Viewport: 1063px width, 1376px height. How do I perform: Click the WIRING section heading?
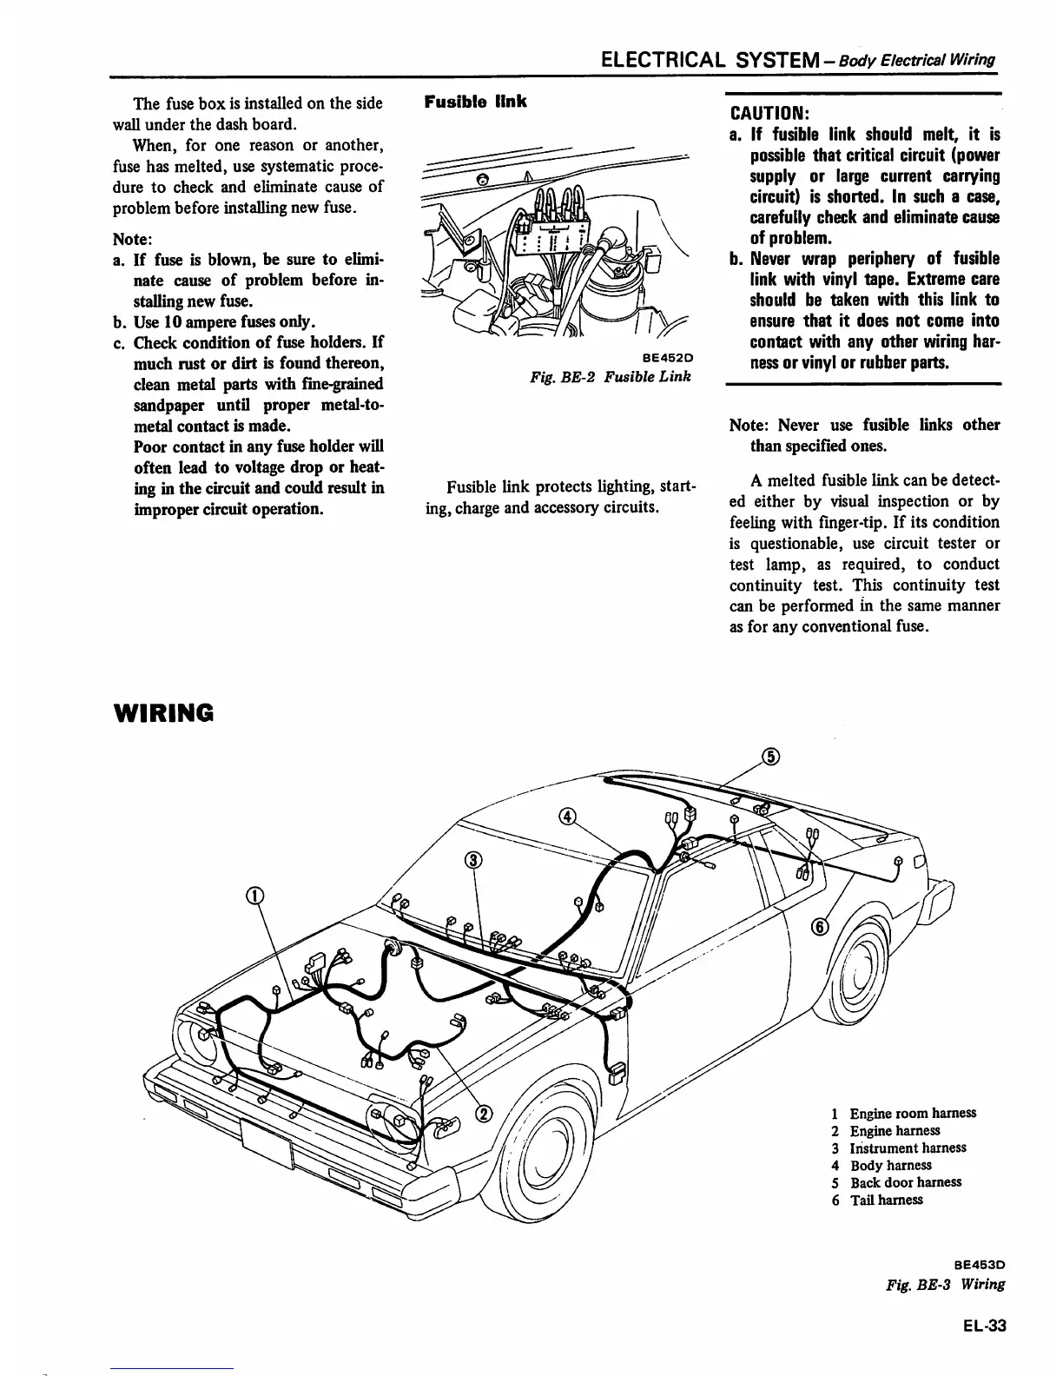(163, 713)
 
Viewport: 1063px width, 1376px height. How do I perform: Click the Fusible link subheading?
(475, 102)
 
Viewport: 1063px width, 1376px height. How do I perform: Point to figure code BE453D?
(980, 1266)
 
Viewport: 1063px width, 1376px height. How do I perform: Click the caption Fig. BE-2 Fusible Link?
(611, 377)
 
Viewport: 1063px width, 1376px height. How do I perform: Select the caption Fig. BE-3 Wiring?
(941, 1285)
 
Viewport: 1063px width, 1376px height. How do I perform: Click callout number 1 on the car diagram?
(255, 896)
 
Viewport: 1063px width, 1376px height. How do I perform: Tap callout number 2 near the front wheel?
(485, 1115)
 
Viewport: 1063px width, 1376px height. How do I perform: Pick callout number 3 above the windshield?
(473, 860)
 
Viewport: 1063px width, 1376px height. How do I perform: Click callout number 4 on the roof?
(566, 817)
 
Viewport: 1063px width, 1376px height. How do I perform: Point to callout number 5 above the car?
(770, 756)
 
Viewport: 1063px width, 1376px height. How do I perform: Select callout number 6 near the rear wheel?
(817, 927)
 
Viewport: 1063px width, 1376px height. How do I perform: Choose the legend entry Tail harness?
(886, 1200)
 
